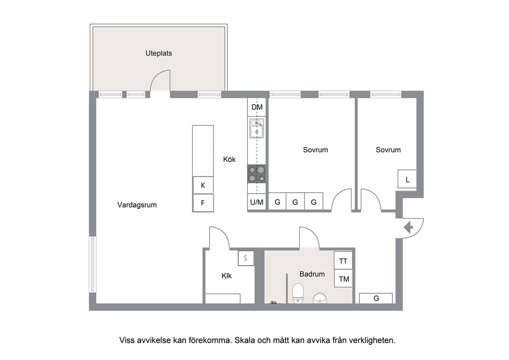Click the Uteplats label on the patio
[159, 53]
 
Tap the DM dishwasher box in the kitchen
[257, 107]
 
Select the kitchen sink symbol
[257, 128]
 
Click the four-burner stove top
[257, 174]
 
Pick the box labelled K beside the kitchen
[203, 185]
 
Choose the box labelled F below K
[203, 203]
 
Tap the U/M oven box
[257, 202]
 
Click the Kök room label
[229, 159]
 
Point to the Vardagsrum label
[137, 205]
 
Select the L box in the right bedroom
[407, 179]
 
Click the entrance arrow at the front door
[408, 228]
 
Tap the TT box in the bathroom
[343, 260]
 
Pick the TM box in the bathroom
[343, 278]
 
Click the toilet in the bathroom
[298, 293]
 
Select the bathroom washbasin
[320, 298]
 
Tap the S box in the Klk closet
[246, 258]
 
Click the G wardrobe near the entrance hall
[376, 298]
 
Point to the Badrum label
[312, 274]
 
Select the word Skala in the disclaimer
[245, 340]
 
